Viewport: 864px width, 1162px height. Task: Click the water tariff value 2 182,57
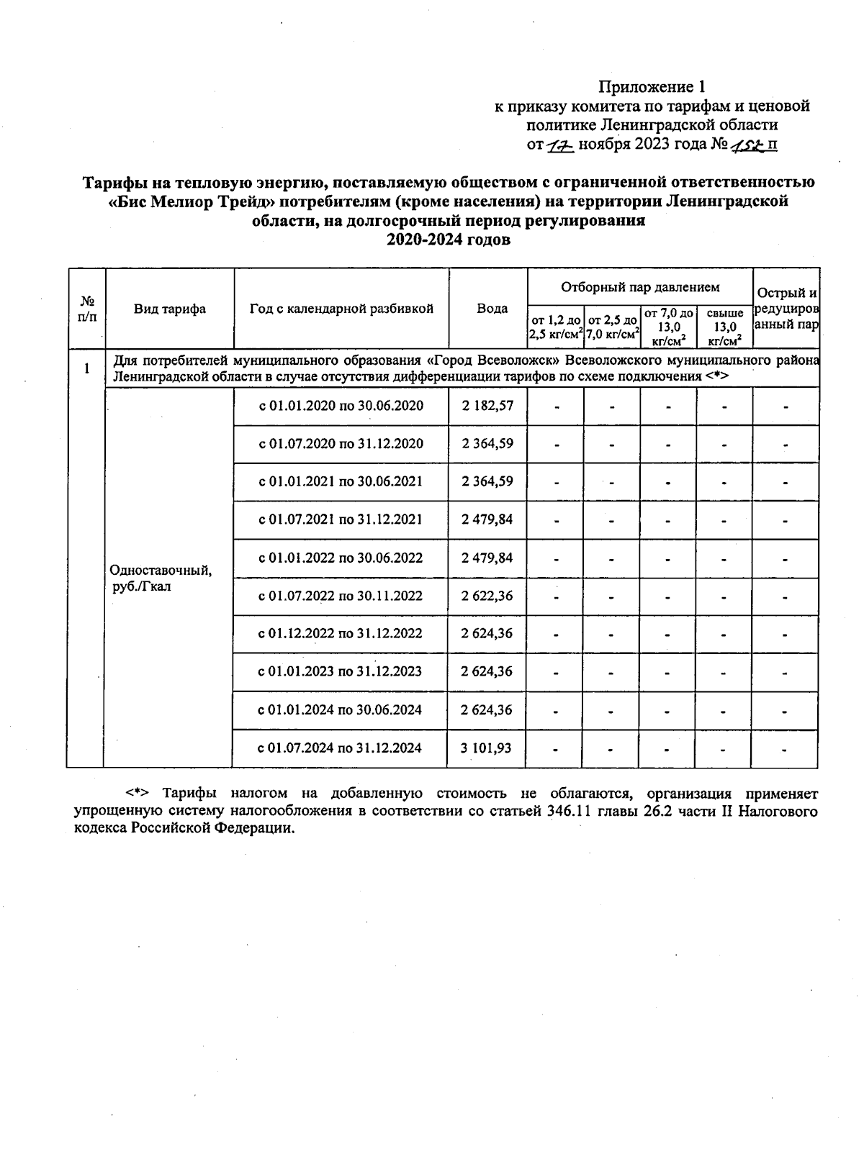pyautogui.click(x=487, y=406)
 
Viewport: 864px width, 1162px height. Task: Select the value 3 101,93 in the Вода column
pyautogui.click(x=487, y=748)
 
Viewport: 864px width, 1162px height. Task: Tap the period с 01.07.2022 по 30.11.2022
pyautogui.click(x=341, y=596)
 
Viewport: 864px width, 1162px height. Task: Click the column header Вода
pyautogui.click(x=492, y=309)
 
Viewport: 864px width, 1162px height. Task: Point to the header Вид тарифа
pyautogui.click(x=170, y=309)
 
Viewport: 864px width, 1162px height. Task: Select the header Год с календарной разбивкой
pyautogui.click(x=341, y=309)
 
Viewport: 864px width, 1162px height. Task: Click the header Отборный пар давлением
pyautogui.click(x=640, y=287)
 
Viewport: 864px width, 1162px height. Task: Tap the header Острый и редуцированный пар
pyautogui.click(x=786, y=309)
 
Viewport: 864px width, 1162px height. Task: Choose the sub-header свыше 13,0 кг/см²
pyautogui.click(x=724, y=327)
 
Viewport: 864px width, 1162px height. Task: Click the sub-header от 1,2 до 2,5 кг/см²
pyautogui.click(x=555, y=327)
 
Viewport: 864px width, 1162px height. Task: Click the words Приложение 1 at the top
pyautogui.click(x=651, y=87)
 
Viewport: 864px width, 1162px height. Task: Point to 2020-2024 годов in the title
pyautogui.click(x=449, y=240)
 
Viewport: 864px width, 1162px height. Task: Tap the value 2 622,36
pyautogui.click(x=487, y=596)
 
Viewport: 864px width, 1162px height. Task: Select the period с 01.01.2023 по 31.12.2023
pyautogui.click(x=341, y=672)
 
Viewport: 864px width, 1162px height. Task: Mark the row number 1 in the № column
pyautogui.click(x=86, y=368)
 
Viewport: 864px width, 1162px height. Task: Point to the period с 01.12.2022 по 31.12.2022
pyautogui.click(x=341, y=634)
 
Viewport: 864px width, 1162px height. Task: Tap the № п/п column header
pyautogui.click(x=86, y=309)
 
